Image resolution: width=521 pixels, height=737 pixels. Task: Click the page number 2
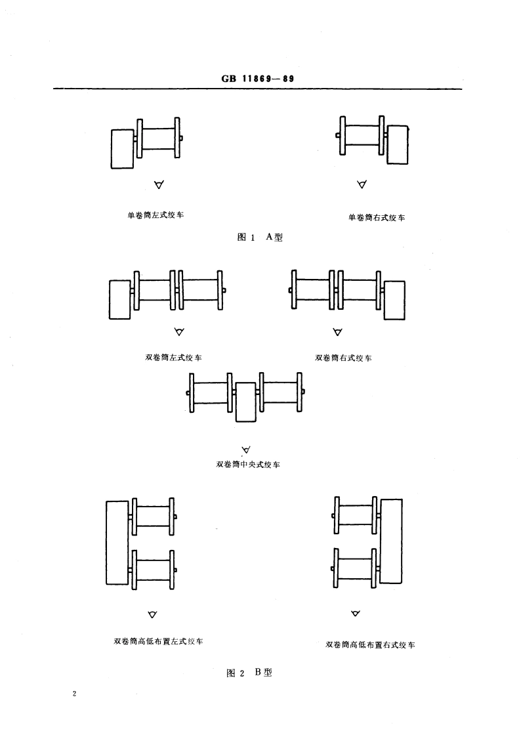click(75, 694)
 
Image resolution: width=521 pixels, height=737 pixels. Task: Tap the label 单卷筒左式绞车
click(156, 215)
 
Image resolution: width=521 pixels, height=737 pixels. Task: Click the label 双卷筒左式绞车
click(173, 358)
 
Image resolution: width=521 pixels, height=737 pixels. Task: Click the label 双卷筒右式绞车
click(344, 358)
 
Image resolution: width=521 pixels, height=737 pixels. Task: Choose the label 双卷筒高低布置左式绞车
click(158, 641)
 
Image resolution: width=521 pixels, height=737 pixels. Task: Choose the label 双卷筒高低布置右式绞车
click(371, 644)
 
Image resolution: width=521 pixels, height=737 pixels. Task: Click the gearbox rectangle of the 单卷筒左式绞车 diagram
click(123, 149)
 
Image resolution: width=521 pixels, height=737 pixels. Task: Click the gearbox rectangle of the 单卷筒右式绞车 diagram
click(397, 144)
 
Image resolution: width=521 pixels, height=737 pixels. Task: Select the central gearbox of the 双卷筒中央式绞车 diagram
click(245, 402)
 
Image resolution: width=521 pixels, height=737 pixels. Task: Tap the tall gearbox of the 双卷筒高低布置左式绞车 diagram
click(116, 542)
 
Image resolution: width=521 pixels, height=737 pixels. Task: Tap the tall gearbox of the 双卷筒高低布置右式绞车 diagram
click(391, 541)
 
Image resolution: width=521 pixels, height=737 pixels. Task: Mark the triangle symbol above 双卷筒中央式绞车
click(247, 450)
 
